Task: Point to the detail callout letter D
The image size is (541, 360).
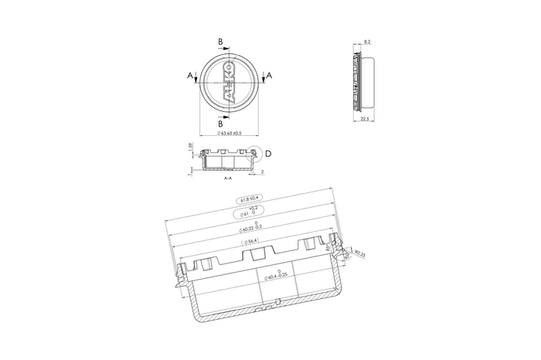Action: pyautogui.click(x=267, y=153)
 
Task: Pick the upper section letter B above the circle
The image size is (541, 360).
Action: pyautogui.click(x=220, y=41)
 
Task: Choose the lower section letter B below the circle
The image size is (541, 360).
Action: pyautogui.click(x=220, y=123)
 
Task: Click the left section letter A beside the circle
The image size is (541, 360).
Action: pyautogui.click(x=189, y=75)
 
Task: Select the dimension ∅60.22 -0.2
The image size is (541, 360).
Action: pyautogui.click(x=252, y=226)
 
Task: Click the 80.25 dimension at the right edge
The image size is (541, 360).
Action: pyautogui.click(x=360, y=253)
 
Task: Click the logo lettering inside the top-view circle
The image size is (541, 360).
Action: pyautogui.click(x=228, y=77)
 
